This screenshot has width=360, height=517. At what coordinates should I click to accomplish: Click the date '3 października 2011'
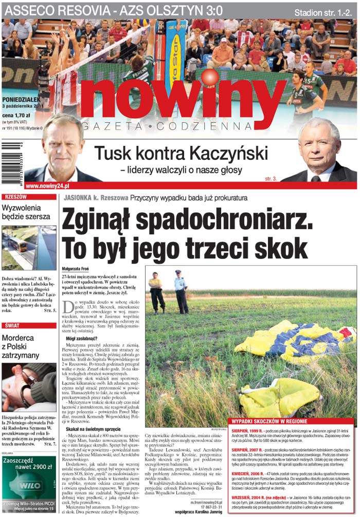(24, 106)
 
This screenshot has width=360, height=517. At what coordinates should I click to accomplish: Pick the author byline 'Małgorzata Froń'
(75, 269)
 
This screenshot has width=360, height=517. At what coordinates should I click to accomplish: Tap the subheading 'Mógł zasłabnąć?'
(81, 340)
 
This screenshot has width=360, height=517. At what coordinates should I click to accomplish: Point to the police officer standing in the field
(181, 291)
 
